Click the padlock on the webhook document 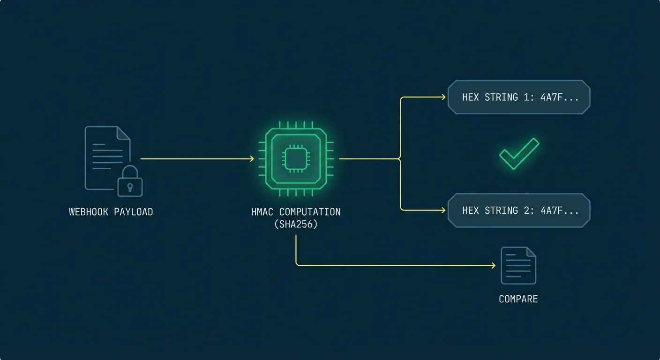coord(130,182)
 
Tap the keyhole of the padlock coord(130,187)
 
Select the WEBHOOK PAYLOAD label coord(111,212)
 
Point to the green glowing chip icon coord(296,159)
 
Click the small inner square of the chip coord(296,159)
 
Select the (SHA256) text coord(296,224)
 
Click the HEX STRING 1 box coord(519,97)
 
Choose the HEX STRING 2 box coord(519,210)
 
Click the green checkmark coord(519,153)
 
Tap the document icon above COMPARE coord(518,266)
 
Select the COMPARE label coord(518,299)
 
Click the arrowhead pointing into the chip coord(252,159)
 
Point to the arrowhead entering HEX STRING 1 coord(443,97)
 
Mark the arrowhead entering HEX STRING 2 coord(443,210)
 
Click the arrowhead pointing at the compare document coord(493,266)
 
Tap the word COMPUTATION coord(310,212)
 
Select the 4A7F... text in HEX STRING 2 coord(560,210)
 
